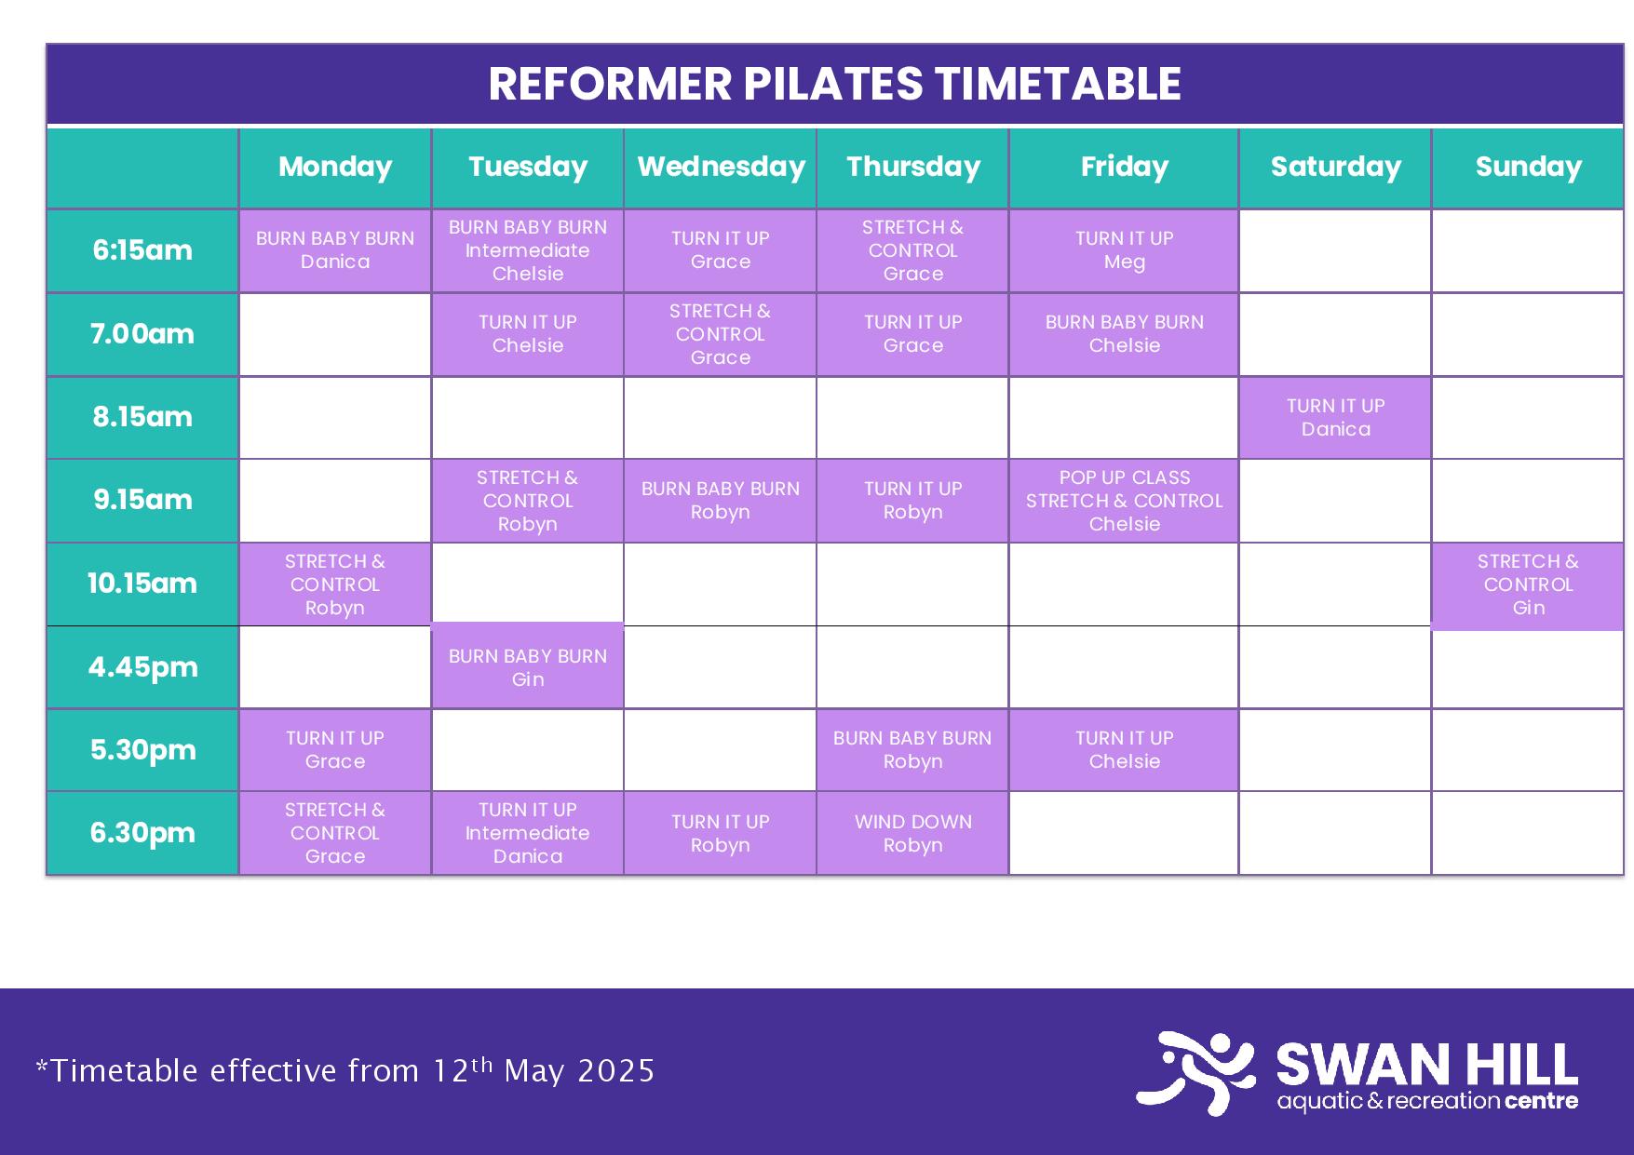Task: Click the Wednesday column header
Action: tap(721, 168)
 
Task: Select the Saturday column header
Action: tap(1335, 168)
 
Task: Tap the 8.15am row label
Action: tap(142, 417)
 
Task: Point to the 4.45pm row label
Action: tap(142, 667)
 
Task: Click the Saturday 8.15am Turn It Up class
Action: tap(1335, 417)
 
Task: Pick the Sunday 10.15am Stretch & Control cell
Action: tap(1528, 585)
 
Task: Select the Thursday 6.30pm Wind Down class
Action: tap(912, 833)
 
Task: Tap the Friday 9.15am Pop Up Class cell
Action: tap(1124, 501)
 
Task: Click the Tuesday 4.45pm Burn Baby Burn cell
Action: tap(528, 666)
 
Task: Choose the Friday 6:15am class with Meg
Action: tap(1124, 250)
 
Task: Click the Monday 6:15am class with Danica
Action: tap(335, 250)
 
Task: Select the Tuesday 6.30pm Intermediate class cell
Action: tap(528, 833)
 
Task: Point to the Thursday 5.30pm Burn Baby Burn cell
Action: tap(912, 750)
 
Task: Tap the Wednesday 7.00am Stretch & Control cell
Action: tap(721, 334)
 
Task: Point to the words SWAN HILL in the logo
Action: tap(1427, 1064)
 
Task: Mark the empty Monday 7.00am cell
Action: tap(335, 334)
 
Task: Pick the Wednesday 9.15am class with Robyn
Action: tap(721, 501)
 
